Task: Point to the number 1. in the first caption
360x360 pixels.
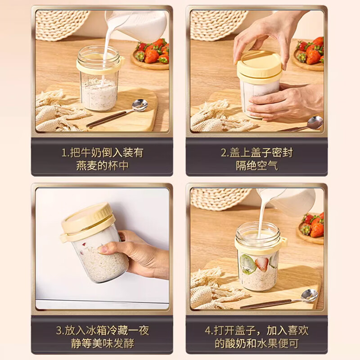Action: click(x=65, y=153)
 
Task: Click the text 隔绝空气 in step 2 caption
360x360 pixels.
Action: click(x=257, y=166)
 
